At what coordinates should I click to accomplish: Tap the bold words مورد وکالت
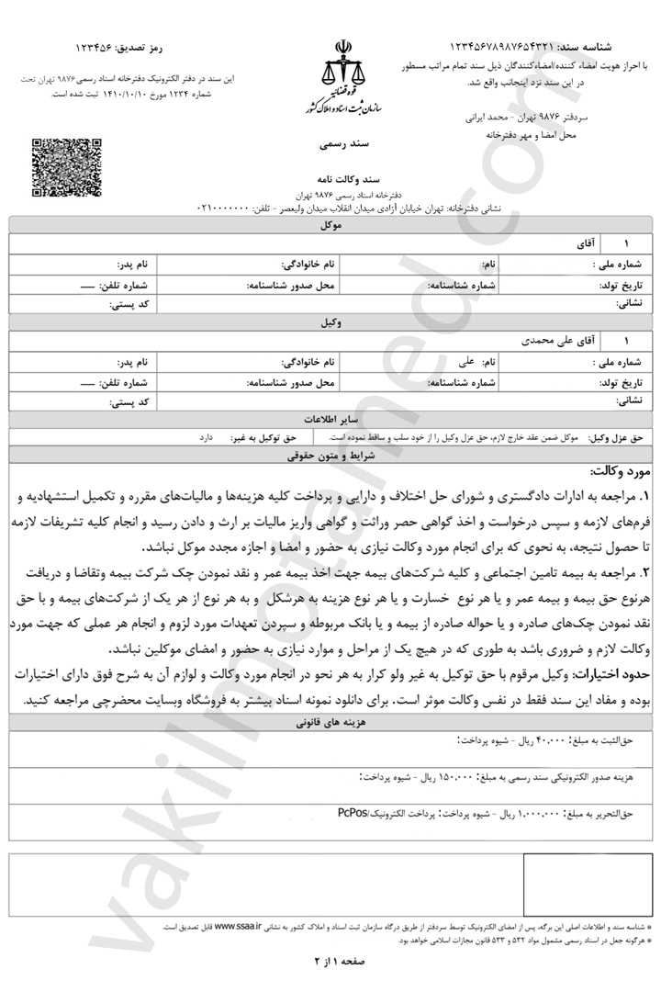coord(621,473)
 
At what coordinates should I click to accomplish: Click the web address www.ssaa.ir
coord(238,927)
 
